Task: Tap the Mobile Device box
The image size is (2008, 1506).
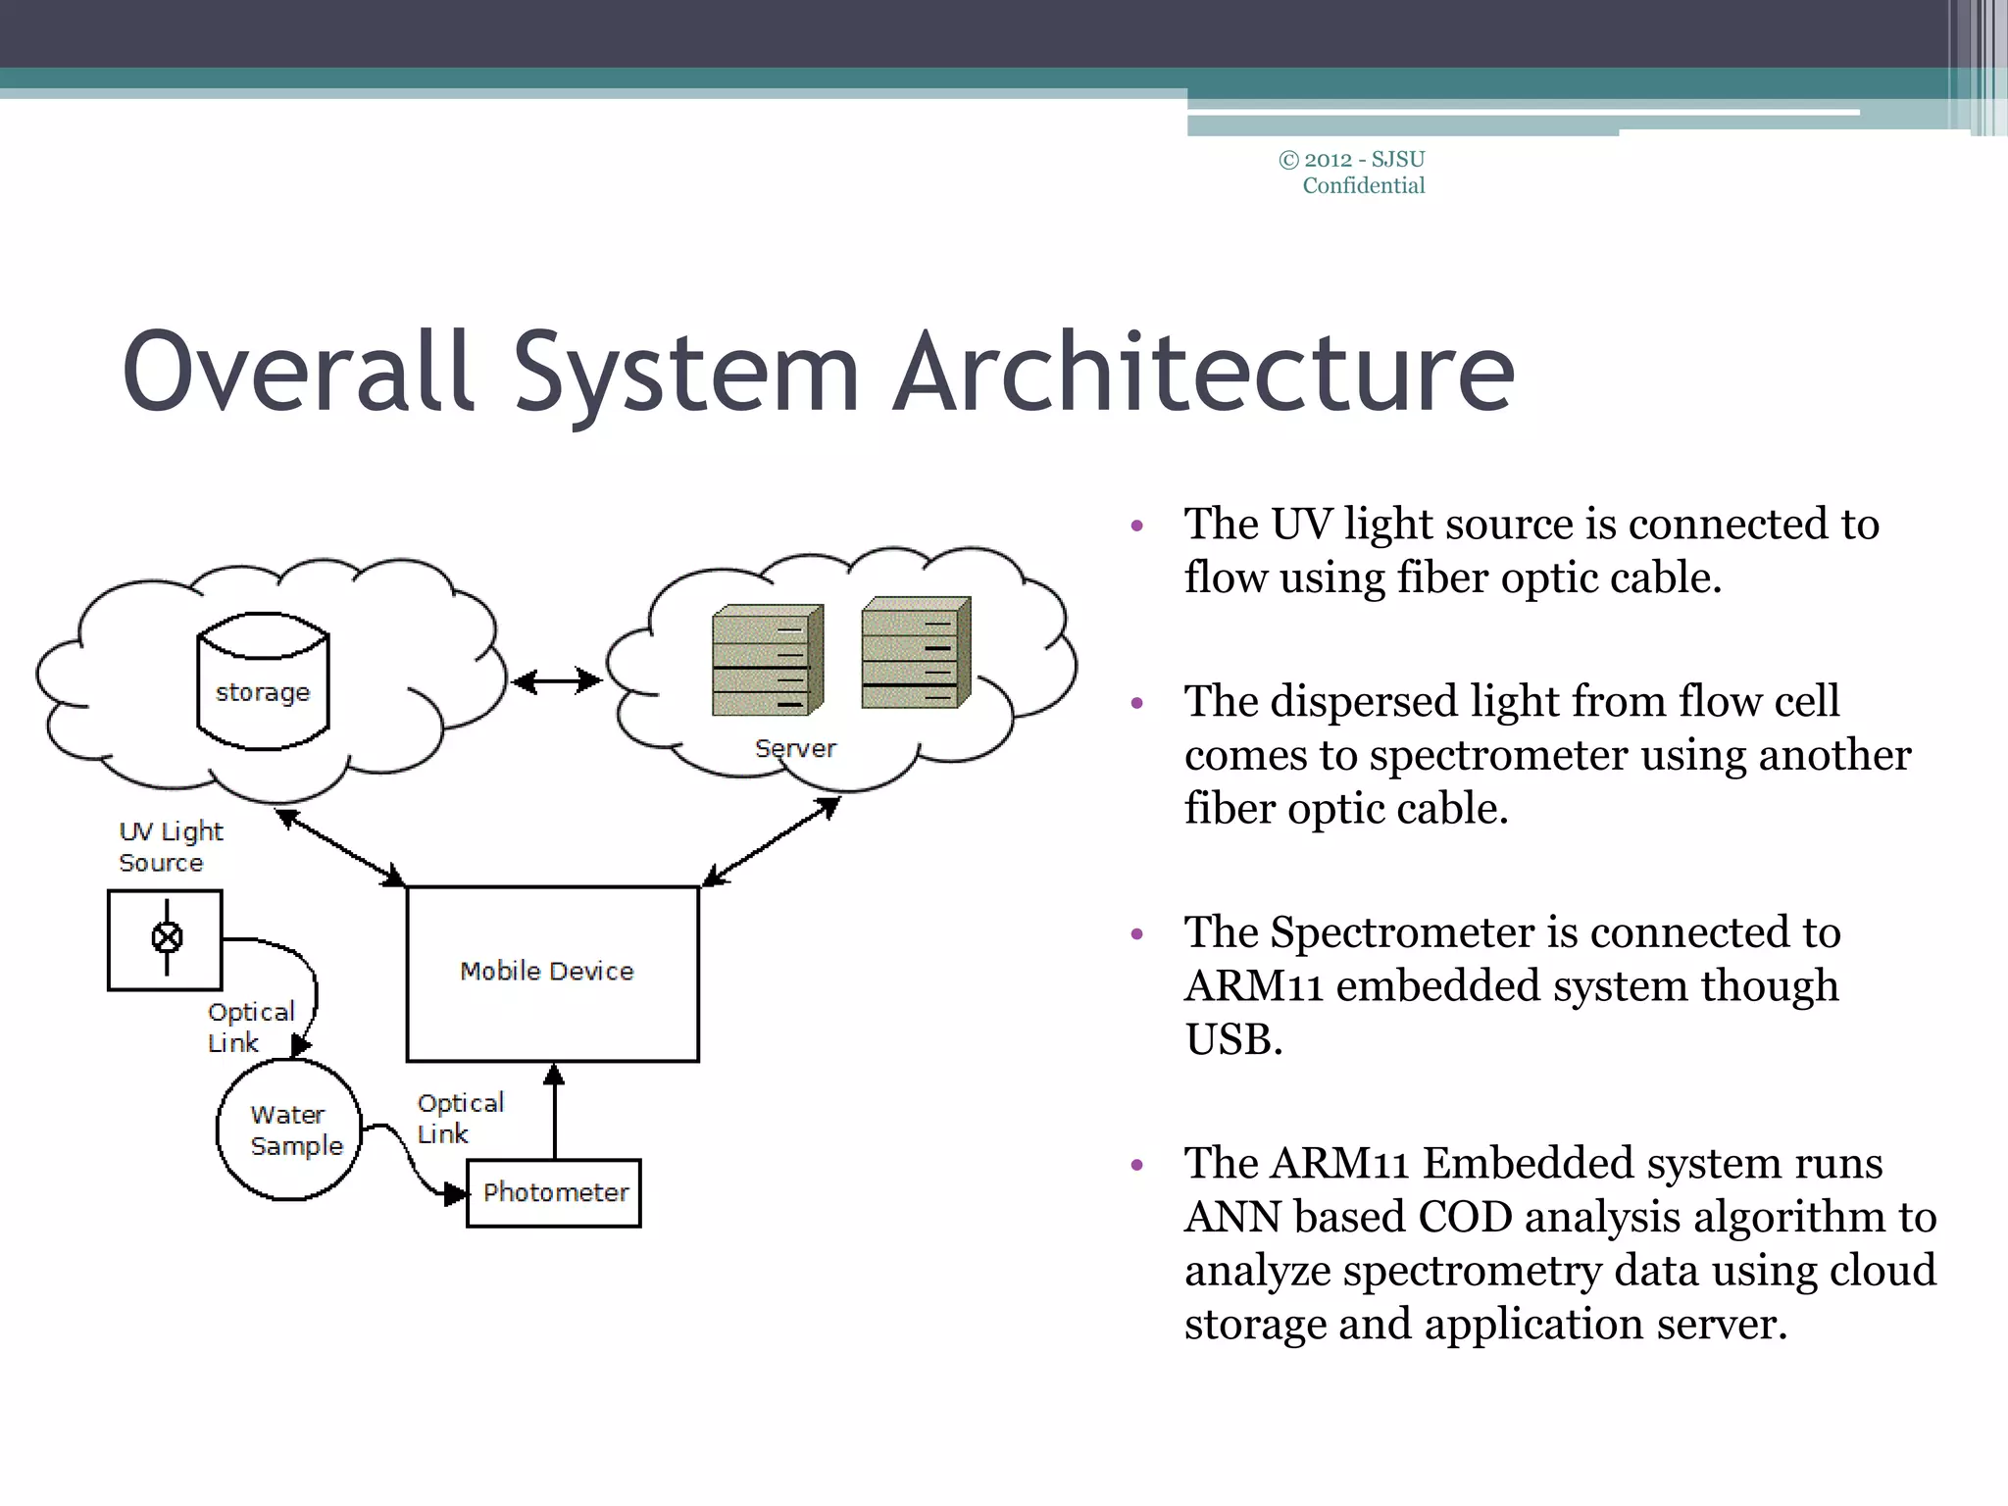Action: pyautogui.click(x=552, y=973)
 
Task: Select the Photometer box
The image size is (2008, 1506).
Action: pyautogui.click(x=554, y=1193)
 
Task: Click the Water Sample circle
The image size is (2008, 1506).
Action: pyautogui.click(x=288, y=1130)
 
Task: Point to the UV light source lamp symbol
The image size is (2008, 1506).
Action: pyautogui.click(x=167, y=938)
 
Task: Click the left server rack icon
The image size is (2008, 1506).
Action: pyautogui.click(x=767, y=660)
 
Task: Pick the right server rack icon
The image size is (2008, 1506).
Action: pyautogui.click(x=916, y=652)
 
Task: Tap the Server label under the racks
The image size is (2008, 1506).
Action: pyautogui.click(x=795, y=749)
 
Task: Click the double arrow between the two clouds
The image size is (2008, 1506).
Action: pyautogui.click(x=556, y=680)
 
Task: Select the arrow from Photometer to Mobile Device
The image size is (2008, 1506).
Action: pyautogui.click(x=554, y=1113)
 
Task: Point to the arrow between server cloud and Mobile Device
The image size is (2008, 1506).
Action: pyautogui.click(x=772, y=841)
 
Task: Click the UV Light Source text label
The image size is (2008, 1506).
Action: pyautogui.click(x=170, y=847)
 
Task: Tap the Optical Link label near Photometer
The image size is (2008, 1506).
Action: pyautogui.click(x=459, y=1119)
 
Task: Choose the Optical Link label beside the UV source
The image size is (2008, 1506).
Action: pyautogui.click(x=250, y=1028)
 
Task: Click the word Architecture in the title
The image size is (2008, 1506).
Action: pyautogui.click(x=1204, y=373)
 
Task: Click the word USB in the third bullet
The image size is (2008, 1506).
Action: pyautogui.click(x=1232, y=1039)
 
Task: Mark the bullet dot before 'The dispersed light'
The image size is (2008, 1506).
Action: pyautogui.click(x=1137, y=703)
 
